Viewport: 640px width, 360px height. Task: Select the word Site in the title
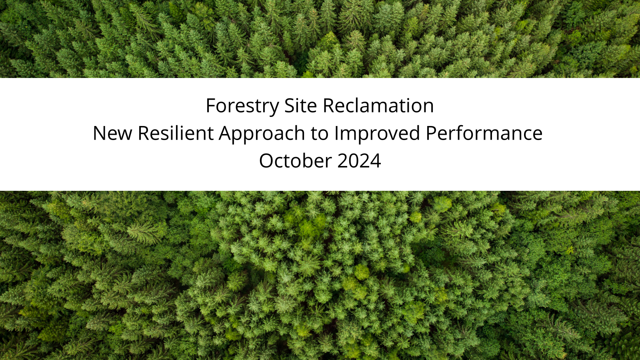pyautogui.click(x=300, y=106)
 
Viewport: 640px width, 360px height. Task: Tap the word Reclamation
pyautogui.click(x=378, y=106)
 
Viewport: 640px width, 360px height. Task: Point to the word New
pyautogui.click(x=112, y=134)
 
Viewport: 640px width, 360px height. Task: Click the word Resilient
pyautogui.click(x=176, y=133)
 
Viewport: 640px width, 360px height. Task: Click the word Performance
pyautogui.click(x=484, y=134)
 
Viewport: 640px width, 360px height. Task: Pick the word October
pyautogui.click(x=295, y=160)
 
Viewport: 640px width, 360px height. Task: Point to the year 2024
pyautogui.click(x=359, y=161)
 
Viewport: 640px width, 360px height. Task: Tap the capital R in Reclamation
pyautogui.click(x=328, y=106)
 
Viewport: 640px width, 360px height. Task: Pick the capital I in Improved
pyautogui.click(x=336, y=134)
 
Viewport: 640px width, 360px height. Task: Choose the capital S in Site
pyautogui.click(x=289, y=106)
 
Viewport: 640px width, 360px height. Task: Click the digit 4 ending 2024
pyautogui.click(x=376, y=161)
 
